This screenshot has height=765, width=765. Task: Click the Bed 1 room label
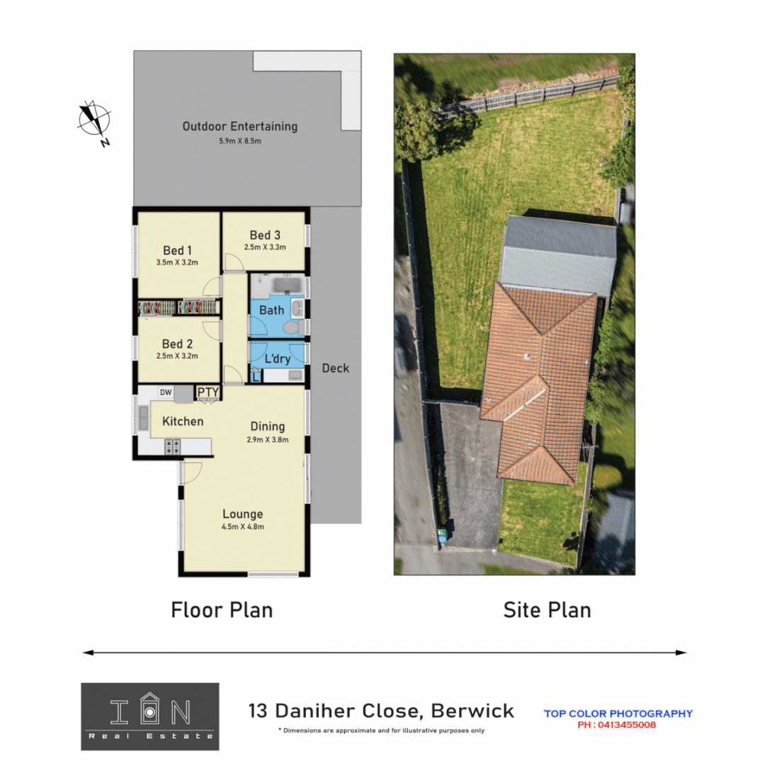[x=177, y=250]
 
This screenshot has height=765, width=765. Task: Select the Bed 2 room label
[x=177, y=344]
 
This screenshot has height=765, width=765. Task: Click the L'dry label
[x=277, y=358]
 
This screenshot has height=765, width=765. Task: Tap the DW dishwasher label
[x=165, y=392]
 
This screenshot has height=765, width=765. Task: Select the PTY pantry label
[x=208, y=392]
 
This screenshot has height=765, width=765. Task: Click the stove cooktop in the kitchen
[x=173, y=446]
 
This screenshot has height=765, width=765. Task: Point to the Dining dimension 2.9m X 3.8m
[x=268, y=439]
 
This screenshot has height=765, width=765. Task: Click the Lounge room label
[x=242, y=514]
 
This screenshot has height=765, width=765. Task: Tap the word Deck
[x=335, y=368]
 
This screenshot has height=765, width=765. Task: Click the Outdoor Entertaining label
[x=240, y=127]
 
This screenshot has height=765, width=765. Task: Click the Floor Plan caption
[x=222, y=610]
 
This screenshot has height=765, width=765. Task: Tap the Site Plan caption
[x=547, y=610]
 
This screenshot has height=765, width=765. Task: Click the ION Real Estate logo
[x=150, y=716]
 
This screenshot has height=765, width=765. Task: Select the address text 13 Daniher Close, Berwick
[x=381, y=710]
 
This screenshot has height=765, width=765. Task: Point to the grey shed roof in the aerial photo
[x=558, y=255]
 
